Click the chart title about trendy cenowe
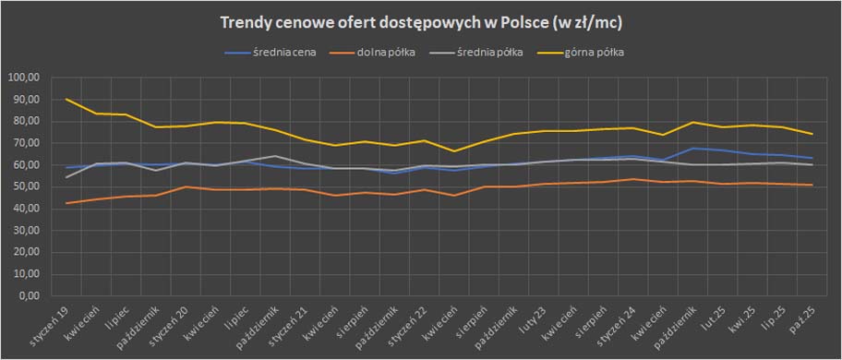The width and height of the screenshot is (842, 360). [x=420, y=22]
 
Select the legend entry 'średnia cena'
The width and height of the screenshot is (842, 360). [x=283, y=53]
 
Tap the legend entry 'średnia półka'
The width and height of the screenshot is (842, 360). [x=493, y=53]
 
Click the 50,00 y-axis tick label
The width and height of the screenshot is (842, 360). [x=25, y=187]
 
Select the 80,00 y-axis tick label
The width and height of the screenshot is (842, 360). [x=25, y=121]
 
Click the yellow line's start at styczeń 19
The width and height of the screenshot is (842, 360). [x=66, y=99]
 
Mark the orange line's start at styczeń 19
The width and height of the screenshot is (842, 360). [x=66, y=203]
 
